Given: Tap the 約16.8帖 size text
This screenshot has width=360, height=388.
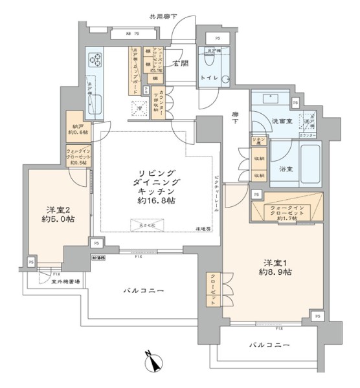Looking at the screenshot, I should tap(159, 201).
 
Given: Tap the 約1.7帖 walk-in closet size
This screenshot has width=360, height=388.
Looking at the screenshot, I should tap(286, 219).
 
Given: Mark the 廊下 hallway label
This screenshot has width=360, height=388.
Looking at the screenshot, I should tap(235, 118).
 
